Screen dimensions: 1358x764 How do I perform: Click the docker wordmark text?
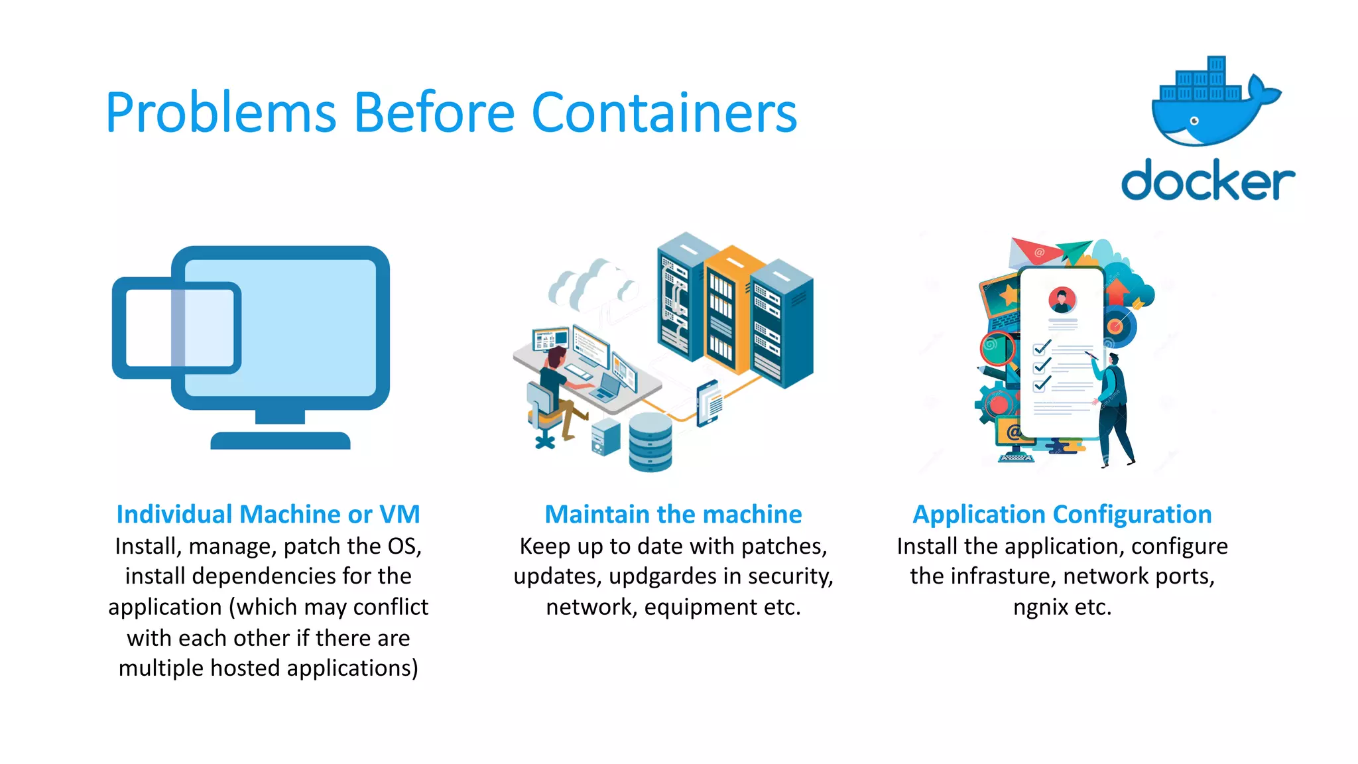(1207, 180)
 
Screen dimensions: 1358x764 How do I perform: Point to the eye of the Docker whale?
(1194, 121)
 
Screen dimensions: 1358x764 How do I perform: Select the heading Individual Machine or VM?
(268, 515)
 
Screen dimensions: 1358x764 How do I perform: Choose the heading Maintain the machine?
(673, 515)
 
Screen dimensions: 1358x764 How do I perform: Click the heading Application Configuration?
(1062, 515)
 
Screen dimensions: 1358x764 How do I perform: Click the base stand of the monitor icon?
(280, 440)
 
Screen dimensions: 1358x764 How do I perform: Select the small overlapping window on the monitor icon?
(176, 329)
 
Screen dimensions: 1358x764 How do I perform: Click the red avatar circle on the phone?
(1062, 300)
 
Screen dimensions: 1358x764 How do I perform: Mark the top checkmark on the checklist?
(1042, 347)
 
